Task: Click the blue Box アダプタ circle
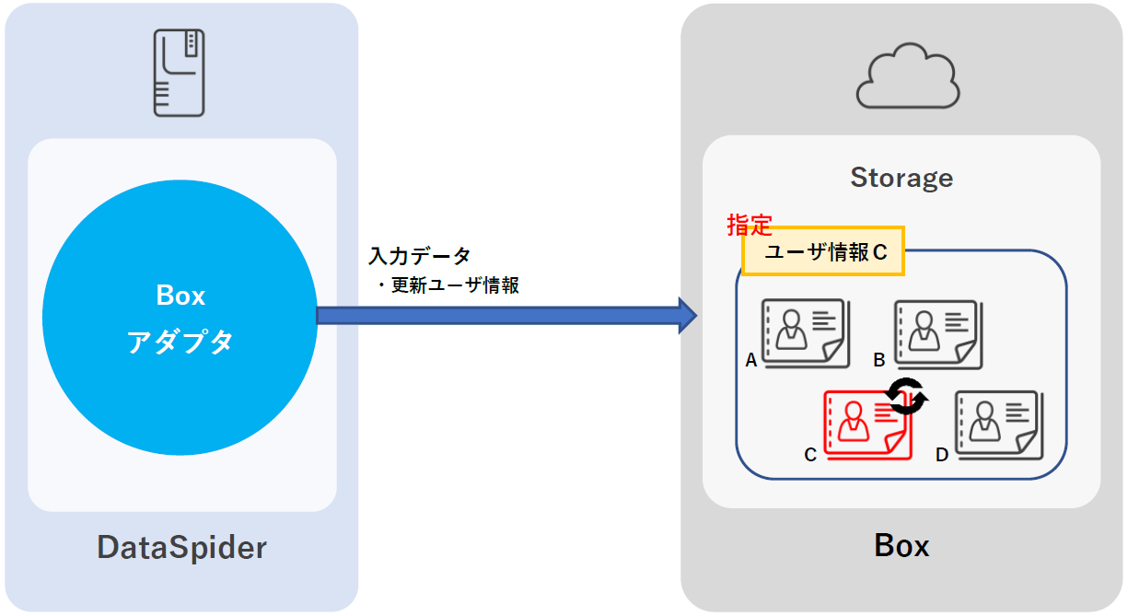[180, 318]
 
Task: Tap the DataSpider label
[182, 548]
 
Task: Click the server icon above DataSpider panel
[180, 72]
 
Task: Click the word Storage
[901, 177]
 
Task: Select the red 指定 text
[750, 225]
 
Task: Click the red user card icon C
[866, 424]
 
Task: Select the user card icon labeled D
[998, 424]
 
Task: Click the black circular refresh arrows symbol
[906, 397]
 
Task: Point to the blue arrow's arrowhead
[687, 316]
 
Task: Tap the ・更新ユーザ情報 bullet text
[448, 285]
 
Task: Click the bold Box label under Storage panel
[901, 546]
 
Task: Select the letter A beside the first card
[751, 361]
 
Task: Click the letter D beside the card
[942, 454]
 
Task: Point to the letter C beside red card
[810, 454]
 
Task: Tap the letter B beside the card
[879, 359]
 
